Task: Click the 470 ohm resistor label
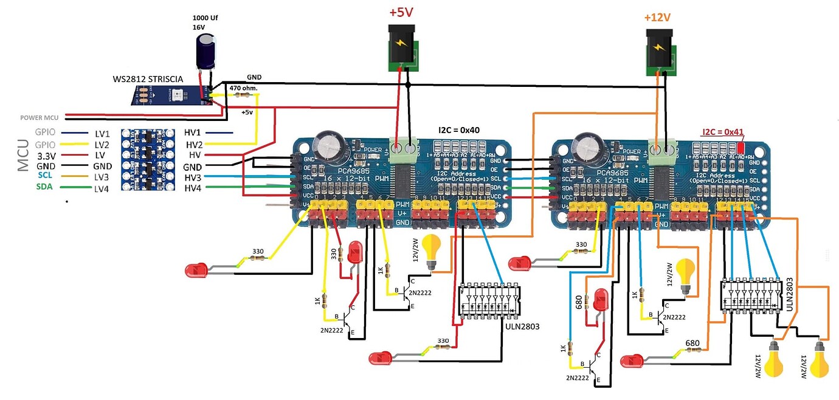click(x=244, y=89)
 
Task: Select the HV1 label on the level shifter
click(x=193, y=133)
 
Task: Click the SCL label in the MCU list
click(x=44, y=176)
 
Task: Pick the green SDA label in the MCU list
click(x=44, y=187)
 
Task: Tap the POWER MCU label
click(x=39, y=118)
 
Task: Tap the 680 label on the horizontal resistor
click(x=692, y=344)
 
